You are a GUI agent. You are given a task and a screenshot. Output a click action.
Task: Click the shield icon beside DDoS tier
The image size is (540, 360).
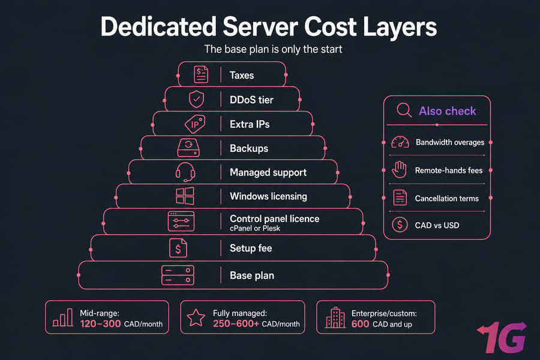click(x=196, y=100)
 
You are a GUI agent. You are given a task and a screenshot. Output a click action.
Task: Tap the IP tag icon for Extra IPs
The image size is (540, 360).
click(x=195, y=124)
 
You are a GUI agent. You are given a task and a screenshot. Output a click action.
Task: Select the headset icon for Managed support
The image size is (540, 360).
click(x=185, y=172)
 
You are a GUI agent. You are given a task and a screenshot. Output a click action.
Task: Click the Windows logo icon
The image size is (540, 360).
click(x=185, y=196)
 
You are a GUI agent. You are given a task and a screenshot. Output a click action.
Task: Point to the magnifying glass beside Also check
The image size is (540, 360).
click(x=404, y=110)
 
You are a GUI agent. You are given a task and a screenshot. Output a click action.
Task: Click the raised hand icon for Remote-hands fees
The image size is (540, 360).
click(x=400, y=169)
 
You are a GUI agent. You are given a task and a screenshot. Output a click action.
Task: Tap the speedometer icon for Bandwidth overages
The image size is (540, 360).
click(x=400, y=142)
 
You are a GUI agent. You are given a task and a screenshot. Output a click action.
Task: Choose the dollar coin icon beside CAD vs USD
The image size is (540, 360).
click(x=400, y=225)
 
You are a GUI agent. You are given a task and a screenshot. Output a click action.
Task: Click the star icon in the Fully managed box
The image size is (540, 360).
click(x=196, y=317)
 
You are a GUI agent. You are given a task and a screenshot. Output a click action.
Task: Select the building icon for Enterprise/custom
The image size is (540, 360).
click(x=335, y=317)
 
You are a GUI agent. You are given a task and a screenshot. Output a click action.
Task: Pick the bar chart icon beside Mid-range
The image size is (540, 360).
click(x=62, y=317)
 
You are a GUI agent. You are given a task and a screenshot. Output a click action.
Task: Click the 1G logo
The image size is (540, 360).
click(x=502, y=337)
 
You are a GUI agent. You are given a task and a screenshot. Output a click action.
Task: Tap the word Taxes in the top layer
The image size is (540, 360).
click(x=242, y=75)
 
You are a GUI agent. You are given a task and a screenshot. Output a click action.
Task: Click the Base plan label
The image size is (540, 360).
click(x=252, y=275)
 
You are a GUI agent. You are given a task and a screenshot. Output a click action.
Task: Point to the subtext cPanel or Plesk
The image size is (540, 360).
click(x=255, y=228)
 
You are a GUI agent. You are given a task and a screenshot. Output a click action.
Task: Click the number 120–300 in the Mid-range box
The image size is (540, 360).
click(x=100, y=324)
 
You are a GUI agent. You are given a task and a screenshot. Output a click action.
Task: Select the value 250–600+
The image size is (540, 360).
click(x=236, y=324)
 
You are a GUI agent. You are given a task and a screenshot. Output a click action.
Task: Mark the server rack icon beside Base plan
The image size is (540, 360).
click(x=178, y=275)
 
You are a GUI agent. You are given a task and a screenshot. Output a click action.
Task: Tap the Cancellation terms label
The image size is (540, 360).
click(x=446, y=199)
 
